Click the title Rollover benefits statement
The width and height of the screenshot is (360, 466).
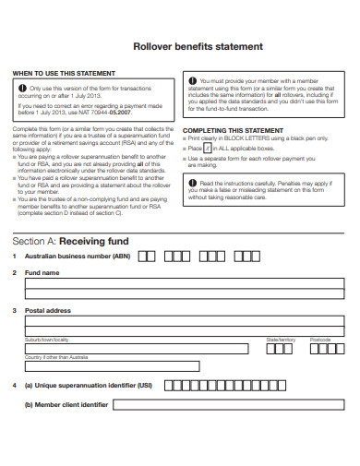[x=198, y=46]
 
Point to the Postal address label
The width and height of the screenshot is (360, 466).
[x=48, y=310]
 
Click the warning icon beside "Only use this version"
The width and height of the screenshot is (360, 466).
[x=21, y=88]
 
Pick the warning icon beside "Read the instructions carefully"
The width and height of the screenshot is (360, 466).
[x=192, y=185]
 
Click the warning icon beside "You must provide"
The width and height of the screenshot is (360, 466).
[x=192, y=81]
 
